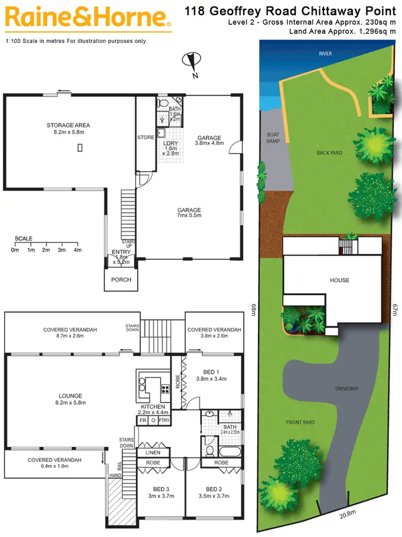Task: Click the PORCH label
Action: click(121, 280)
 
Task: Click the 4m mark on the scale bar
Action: click(77, 250)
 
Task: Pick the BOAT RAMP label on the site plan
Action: click(273, 139)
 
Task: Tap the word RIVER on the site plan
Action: click(325, 54)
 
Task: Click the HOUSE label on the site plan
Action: click(339, 280)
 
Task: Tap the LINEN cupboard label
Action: click(153, 453)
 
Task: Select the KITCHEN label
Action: click(153, 407)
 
